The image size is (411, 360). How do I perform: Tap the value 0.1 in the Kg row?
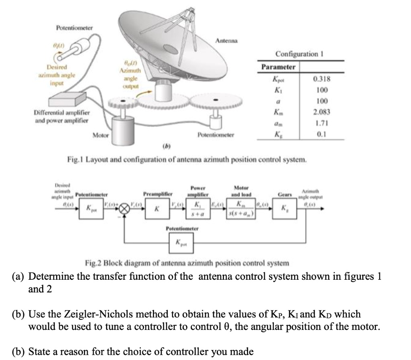coord(324,134)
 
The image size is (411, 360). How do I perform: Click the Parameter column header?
coord(278,67)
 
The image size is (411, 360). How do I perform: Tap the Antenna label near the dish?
coord(227,41)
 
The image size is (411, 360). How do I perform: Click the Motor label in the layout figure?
coord(100,135)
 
